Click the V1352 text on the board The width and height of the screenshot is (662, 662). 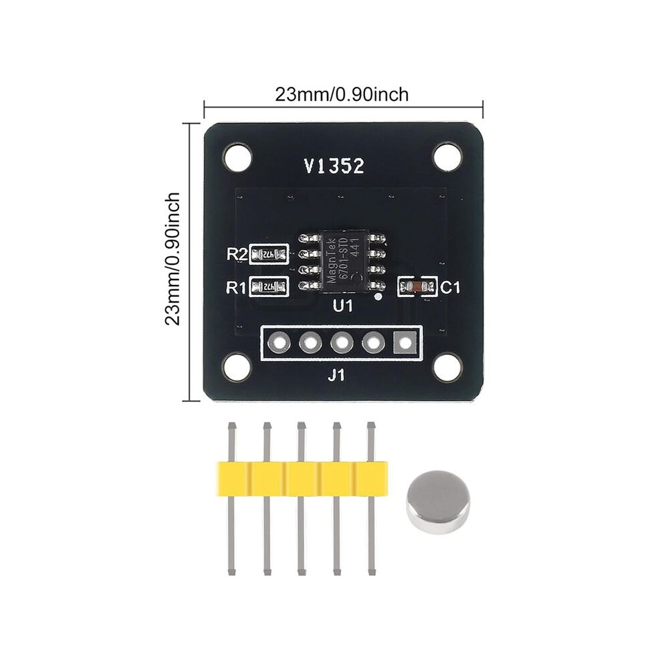(334, 167)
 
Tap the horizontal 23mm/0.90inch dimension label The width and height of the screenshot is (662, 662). (342, 94)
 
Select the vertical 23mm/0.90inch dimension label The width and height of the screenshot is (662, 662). (173, 258)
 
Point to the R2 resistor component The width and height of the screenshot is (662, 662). (269, 254)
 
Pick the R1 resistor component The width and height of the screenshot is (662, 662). (269, 287)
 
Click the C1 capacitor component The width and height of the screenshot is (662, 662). (417, 287)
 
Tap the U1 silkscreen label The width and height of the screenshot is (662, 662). (343, 306)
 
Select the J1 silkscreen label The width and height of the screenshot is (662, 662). (336, 375)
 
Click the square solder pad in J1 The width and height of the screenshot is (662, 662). (405, 342)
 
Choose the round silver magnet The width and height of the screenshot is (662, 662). (438, 502)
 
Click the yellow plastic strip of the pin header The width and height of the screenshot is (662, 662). (302, 478)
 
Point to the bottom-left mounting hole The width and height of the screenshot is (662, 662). (237, 367)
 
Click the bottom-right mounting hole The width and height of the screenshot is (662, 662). (447, 367)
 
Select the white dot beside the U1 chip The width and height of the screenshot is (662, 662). (378, 298)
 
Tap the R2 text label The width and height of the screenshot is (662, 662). (237, 254)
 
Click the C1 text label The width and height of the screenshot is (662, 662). (450, 288)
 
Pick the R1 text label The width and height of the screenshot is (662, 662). (237, 288)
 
